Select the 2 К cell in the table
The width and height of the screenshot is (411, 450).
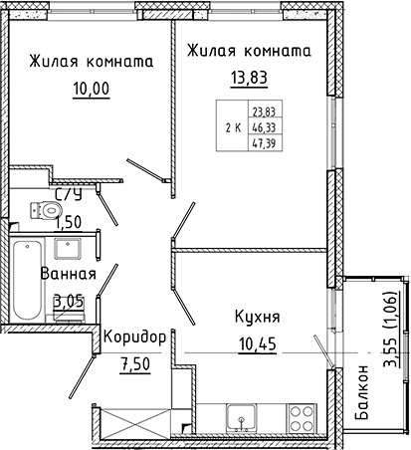[232, 127]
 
